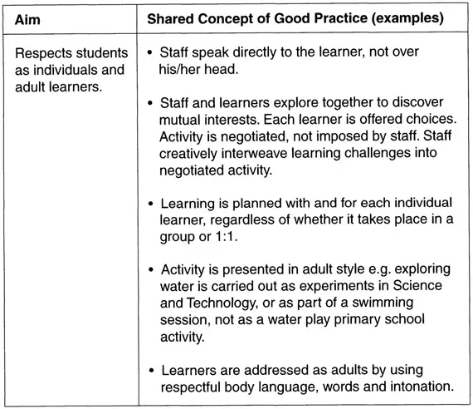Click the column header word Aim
tap(28, 17)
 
